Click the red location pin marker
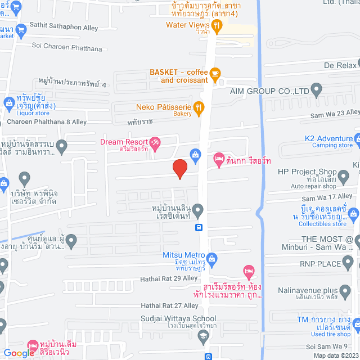179,169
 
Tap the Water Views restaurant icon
217,25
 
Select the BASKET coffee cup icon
214,73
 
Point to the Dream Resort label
124,142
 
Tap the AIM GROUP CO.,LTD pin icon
316,90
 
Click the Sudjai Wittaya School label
178,318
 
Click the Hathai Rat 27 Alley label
169,305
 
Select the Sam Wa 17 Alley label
327,197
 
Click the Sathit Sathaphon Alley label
65,28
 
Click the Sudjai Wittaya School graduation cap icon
203,335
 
